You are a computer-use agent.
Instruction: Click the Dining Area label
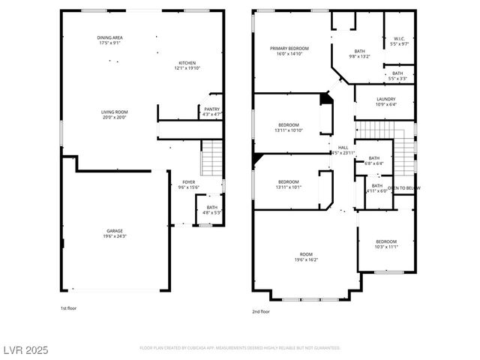[109, 38]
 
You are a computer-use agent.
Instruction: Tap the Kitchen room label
[188, 63]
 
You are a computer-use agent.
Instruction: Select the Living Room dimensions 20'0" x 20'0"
[115, 117]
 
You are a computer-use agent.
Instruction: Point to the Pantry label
[212, 109]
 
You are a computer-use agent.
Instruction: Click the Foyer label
[189, 182]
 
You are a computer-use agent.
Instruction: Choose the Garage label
[115, 230]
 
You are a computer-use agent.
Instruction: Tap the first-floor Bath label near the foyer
[212, 207]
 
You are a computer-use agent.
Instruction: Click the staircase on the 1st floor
[212, 158]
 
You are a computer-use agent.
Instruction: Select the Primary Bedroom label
[289, 48]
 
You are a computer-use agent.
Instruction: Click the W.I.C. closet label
[399, 39]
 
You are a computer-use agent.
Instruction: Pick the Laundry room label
[385, 99]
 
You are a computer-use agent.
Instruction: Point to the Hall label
[343, 148]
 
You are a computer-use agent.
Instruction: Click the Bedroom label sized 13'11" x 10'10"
[289, 124]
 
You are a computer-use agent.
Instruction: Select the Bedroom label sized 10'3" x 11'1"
[386, 241]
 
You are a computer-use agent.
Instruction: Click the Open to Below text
[404, 187]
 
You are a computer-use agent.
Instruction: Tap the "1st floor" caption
[68, 308]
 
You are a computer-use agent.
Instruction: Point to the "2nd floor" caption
[260, 311]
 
